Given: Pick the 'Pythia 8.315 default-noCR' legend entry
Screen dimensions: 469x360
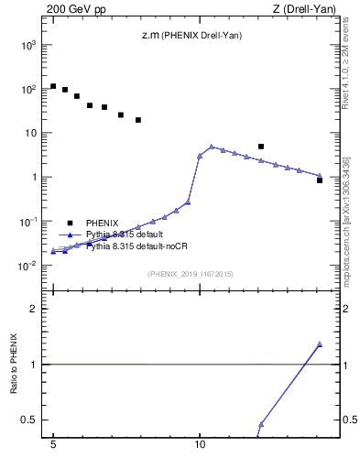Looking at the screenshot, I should (136, 246).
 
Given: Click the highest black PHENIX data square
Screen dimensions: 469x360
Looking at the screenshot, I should (53, 86).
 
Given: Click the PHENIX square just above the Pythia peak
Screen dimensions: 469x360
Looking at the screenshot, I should (261, 147).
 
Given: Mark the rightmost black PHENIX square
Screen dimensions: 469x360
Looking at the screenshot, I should (320, 180).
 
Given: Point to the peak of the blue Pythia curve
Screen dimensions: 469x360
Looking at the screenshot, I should (212, 147).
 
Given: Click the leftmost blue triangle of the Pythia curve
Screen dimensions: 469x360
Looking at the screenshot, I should (53, 251).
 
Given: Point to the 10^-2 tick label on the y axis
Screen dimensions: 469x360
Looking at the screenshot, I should (27, 267).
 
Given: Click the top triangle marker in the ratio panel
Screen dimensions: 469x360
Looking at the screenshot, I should (320, 344).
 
